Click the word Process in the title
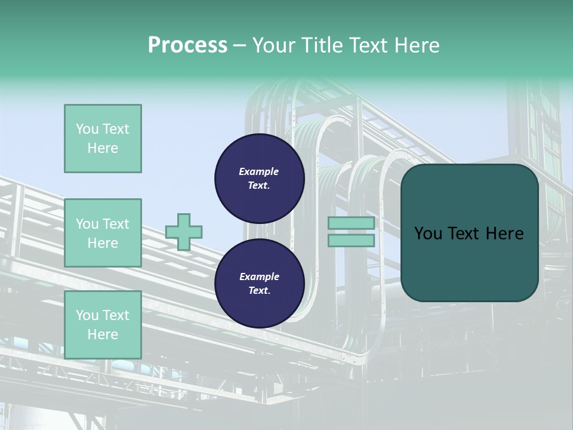point(187,45)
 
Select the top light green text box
point(103,139)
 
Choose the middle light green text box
point(103,233)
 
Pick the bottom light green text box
point(103,324)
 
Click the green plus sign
point(183,232)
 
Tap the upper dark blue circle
point(259,179)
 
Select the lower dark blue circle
point(259,284)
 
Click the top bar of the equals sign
point(351,223)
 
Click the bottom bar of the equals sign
point(351,240)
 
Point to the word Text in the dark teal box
point(461,234)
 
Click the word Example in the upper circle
point(259,171)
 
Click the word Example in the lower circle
point(259,277)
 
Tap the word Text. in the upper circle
point(259,186)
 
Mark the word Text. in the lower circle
point(259,291)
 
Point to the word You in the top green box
point(87,129)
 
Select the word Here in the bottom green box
point(103,334)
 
